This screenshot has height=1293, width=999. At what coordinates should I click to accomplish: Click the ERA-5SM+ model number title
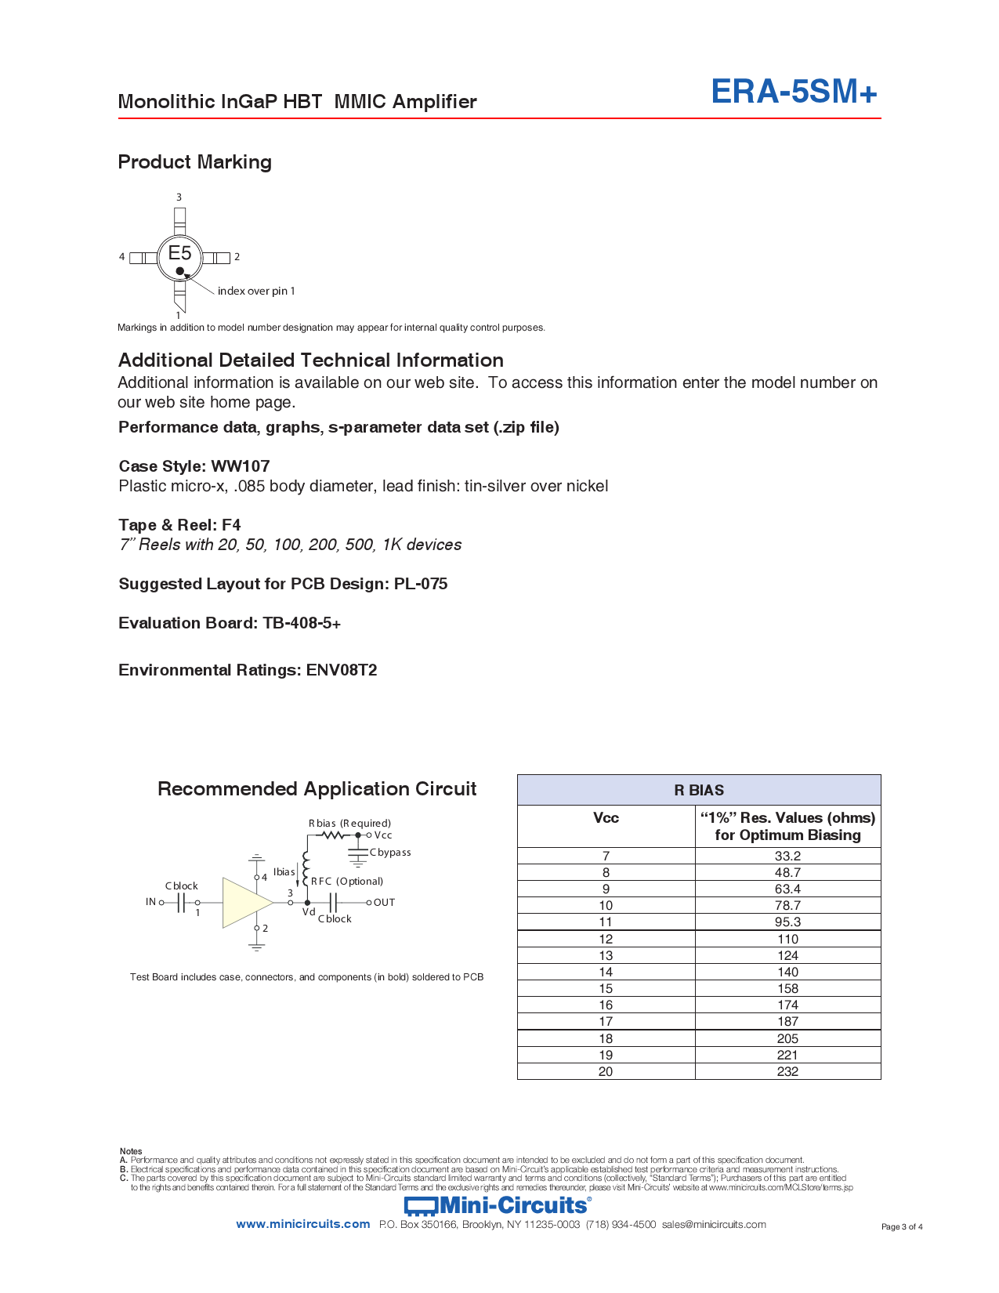point(793,92)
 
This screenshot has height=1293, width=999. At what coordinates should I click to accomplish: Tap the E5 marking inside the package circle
point(179,252)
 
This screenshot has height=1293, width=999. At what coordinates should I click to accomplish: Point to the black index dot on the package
point(180,271)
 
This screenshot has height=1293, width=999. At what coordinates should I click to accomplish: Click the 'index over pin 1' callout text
point(256,291)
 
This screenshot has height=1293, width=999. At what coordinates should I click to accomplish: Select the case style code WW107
point(240,466)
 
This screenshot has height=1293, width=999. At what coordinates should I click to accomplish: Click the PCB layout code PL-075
point(421,584)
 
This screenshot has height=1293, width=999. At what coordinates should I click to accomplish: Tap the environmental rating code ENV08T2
point(342,670)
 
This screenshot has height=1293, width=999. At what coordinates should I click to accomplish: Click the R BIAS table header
point(699,790)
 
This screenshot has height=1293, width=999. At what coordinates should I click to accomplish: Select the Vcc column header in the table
point(606,818)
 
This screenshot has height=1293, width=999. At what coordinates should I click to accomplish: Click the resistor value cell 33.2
point(787,856)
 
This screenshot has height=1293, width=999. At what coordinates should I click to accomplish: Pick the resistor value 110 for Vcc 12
point(787,939)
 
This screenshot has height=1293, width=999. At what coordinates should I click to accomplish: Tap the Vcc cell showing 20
point(606,1071)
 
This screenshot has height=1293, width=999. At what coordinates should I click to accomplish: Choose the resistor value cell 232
point(787,1071)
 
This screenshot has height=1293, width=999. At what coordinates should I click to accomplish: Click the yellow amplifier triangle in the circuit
point(244,903)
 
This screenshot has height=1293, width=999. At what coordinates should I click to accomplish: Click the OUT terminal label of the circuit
point(384,903)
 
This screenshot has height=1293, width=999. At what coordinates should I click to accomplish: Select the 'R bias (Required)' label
point(349,823)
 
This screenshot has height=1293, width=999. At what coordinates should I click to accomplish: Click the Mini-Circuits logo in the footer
point(498,1205)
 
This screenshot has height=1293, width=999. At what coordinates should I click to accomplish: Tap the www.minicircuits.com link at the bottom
point(302,1224)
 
